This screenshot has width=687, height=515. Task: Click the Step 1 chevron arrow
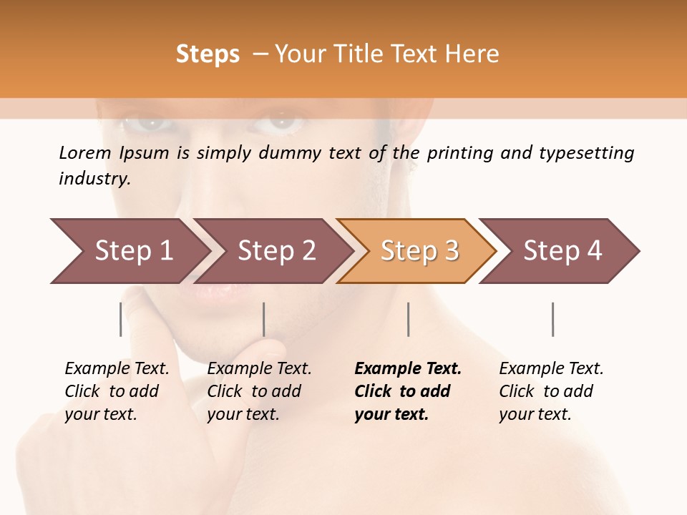tap(132, 251)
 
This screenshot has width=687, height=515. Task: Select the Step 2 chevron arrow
tap(276, 251)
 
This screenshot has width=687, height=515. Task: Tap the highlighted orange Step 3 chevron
tap(419, 251)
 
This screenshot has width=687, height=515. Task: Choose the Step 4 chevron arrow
tap(562, 251)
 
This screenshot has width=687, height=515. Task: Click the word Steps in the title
tap(208, 54)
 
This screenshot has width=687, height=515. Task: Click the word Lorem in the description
tap(84, 152)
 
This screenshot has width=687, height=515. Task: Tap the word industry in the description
tap(94, 179)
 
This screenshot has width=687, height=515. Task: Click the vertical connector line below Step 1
tap(121, 319)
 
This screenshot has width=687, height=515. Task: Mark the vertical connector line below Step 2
tap(264, 319)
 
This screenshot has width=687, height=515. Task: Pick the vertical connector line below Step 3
tap(408, 319)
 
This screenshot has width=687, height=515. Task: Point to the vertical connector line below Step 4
tap(552, 319)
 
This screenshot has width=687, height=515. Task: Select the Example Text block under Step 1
tap(117, 391)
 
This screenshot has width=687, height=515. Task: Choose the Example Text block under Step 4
tap(551, 391)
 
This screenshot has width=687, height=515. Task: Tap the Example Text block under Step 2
tap(259, 391)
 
